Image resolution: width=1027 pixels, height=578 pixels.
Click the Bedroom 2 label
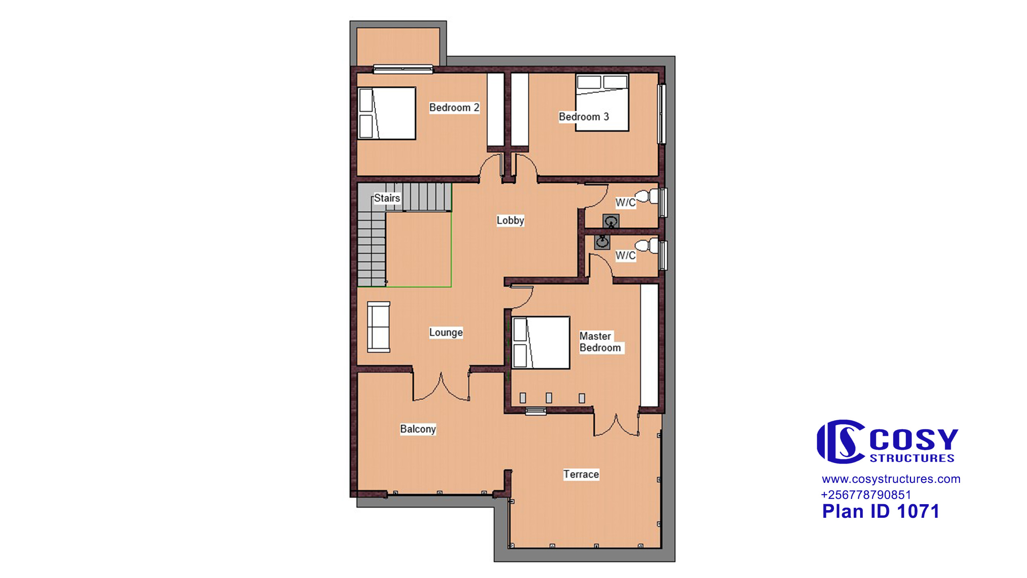(454, 108)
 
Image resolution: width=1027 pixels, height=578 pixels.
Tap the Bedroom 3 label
(584, 117)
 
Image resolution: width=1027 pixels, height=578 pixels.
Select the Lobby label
(510, 220)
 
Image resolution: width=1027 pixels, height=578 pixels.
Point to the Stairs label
(387, 198)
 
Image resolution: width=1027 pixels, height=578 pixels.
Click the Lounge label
(446, 332)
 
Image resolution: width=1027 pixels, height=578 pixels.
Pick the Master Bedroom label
(600, 342)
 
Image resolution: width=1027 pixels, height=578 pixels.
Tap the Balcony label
(418, 429)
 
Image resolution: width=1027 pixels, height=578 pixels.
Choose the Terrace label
(581, 474)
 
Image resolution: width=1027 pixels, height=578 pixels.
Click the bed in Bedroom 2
(387, 114)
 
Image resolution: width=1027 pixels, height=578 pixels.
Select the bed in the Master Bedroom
(541, 342)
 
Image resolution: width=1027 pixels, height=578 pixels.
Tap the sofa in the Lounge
(379, 327)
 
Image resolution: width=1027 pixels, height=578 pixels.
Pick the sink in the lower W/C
(602, 242)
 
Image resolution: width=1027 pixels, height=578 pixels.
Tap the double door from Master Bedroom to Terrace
(616, 425)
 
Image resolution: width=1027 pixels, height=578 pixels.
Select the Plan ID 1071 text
(881, 511)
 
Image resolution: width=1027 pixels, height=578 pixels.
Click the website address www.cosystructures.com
(891, 479)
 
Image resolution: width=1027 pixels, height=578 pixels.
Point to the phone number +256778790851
(866, 495)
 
